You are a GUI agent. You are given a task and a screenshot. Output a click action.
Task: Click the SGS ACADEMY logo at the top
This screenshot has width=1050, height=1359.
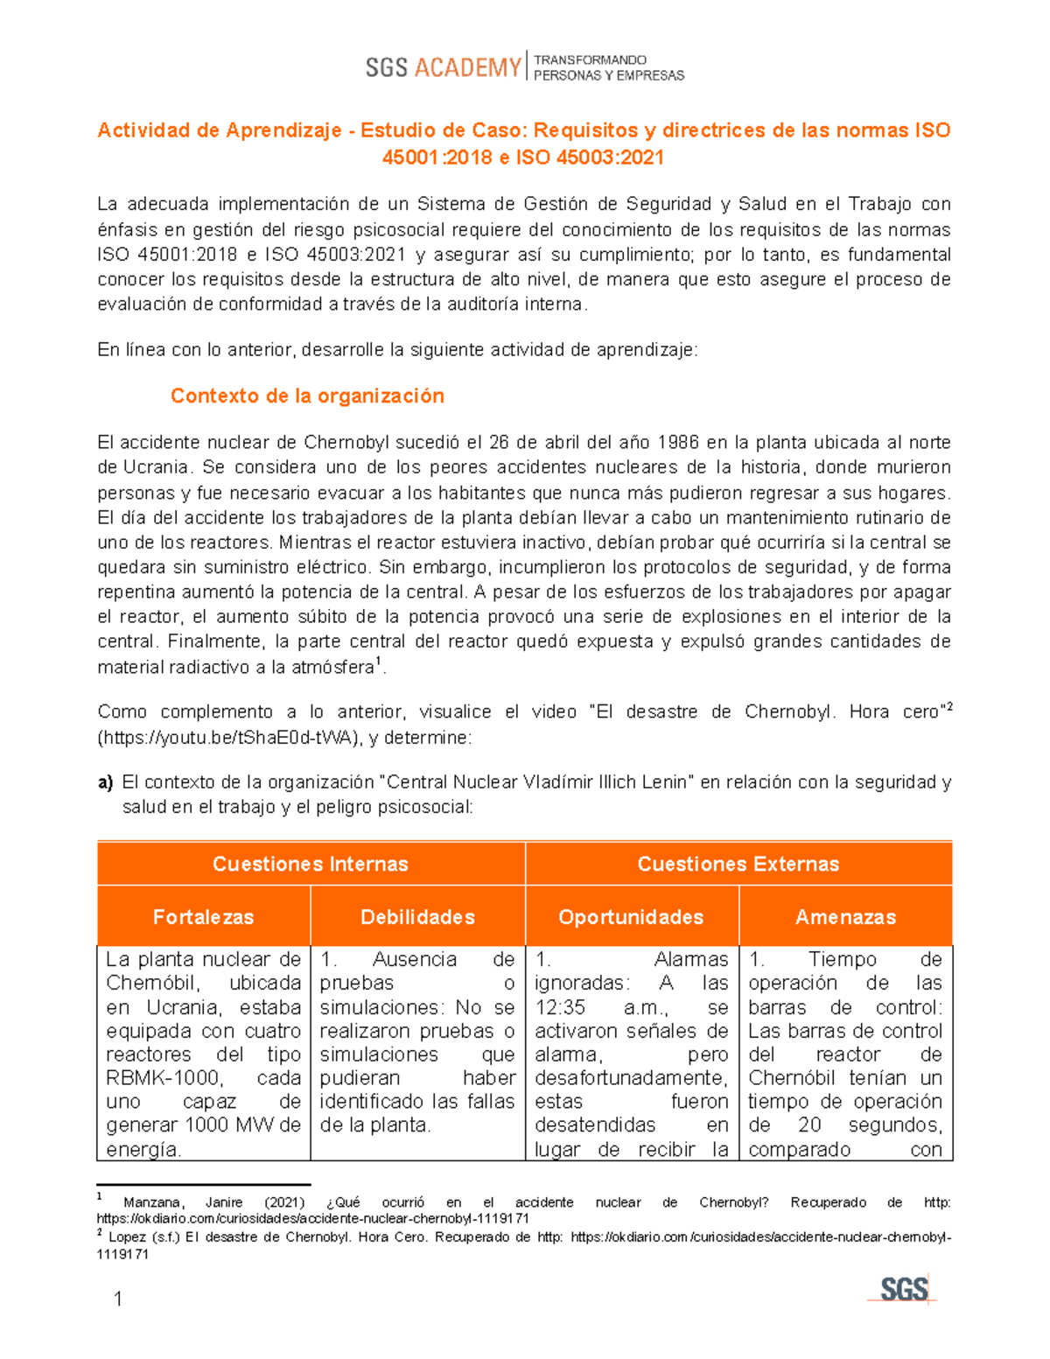[443, 67]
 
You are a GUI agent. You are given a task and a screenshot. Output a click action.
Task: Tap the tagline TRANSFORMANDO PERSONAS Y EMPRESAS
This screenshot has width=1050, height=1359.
[608, 67]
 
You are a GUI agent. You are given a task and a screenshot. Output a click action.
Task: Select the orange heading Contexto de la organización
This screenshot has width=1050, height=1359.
[307, 396]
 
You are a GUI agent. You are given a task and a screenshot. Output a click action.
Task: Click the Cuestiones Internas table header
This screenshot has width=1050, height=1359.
[311, 864]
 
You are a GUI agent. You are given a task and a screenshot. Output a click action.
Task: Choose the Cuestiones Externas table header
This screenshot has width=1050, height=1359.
[738, 864]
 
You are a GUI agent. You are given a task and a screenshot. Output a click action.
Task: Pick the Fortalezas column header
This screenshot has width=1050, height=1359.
[203, 917]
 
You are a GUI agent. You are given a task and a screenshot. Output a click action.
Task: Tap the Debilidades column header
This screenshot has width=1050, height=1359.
[417, 917]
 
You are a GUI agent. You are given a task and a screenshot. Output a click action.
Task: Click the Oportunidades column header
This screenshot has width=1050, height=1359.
[631, 917]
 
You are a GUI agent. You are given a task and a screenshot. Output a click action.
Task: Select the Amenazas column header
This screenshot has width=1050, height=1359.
[845, 917]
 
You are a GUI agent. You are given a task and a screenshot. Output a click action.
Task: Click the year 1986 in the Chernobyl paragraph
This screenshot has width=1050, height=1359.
[678, 442]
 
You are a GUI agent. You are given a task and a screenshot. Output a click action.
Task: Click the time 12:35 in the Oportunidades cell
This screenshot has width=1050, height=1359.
[560, 1007]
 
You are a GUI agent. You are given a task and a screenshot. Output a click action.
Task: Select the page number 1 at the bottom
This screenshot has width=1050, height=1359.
[118, 1299]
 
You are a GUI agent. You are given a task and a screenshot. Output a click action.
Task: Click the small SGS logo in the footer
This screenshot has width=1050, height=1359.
[903, 1289]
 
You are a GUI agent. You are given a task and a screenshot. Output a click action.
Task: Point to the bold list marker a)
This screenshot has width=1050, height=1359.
[105, 782]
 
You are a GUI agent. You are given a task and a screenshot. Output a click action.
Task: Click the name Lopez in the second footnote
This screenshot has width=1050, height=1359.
[128, 1237]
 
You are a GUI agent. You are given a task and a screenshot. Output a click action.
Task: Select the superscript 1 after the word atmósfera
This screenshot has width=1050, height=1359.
[378, 662]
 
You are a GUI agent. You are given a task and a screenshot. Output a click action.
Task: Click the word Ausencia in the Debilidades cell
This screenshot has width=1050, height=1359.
[414, 960]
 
